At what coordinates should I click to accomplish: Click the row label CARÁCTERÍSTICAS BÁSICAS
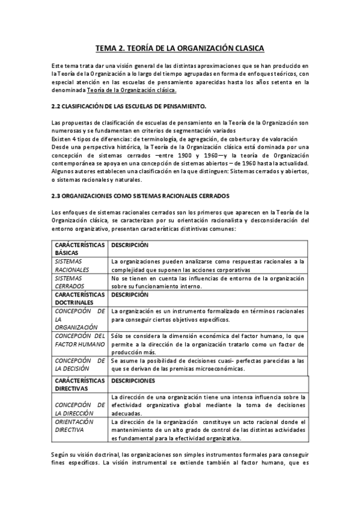[x=78, y=249]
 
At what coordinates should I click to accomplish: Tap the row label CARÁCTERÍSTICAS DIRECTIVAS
[x=78, y=384]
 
